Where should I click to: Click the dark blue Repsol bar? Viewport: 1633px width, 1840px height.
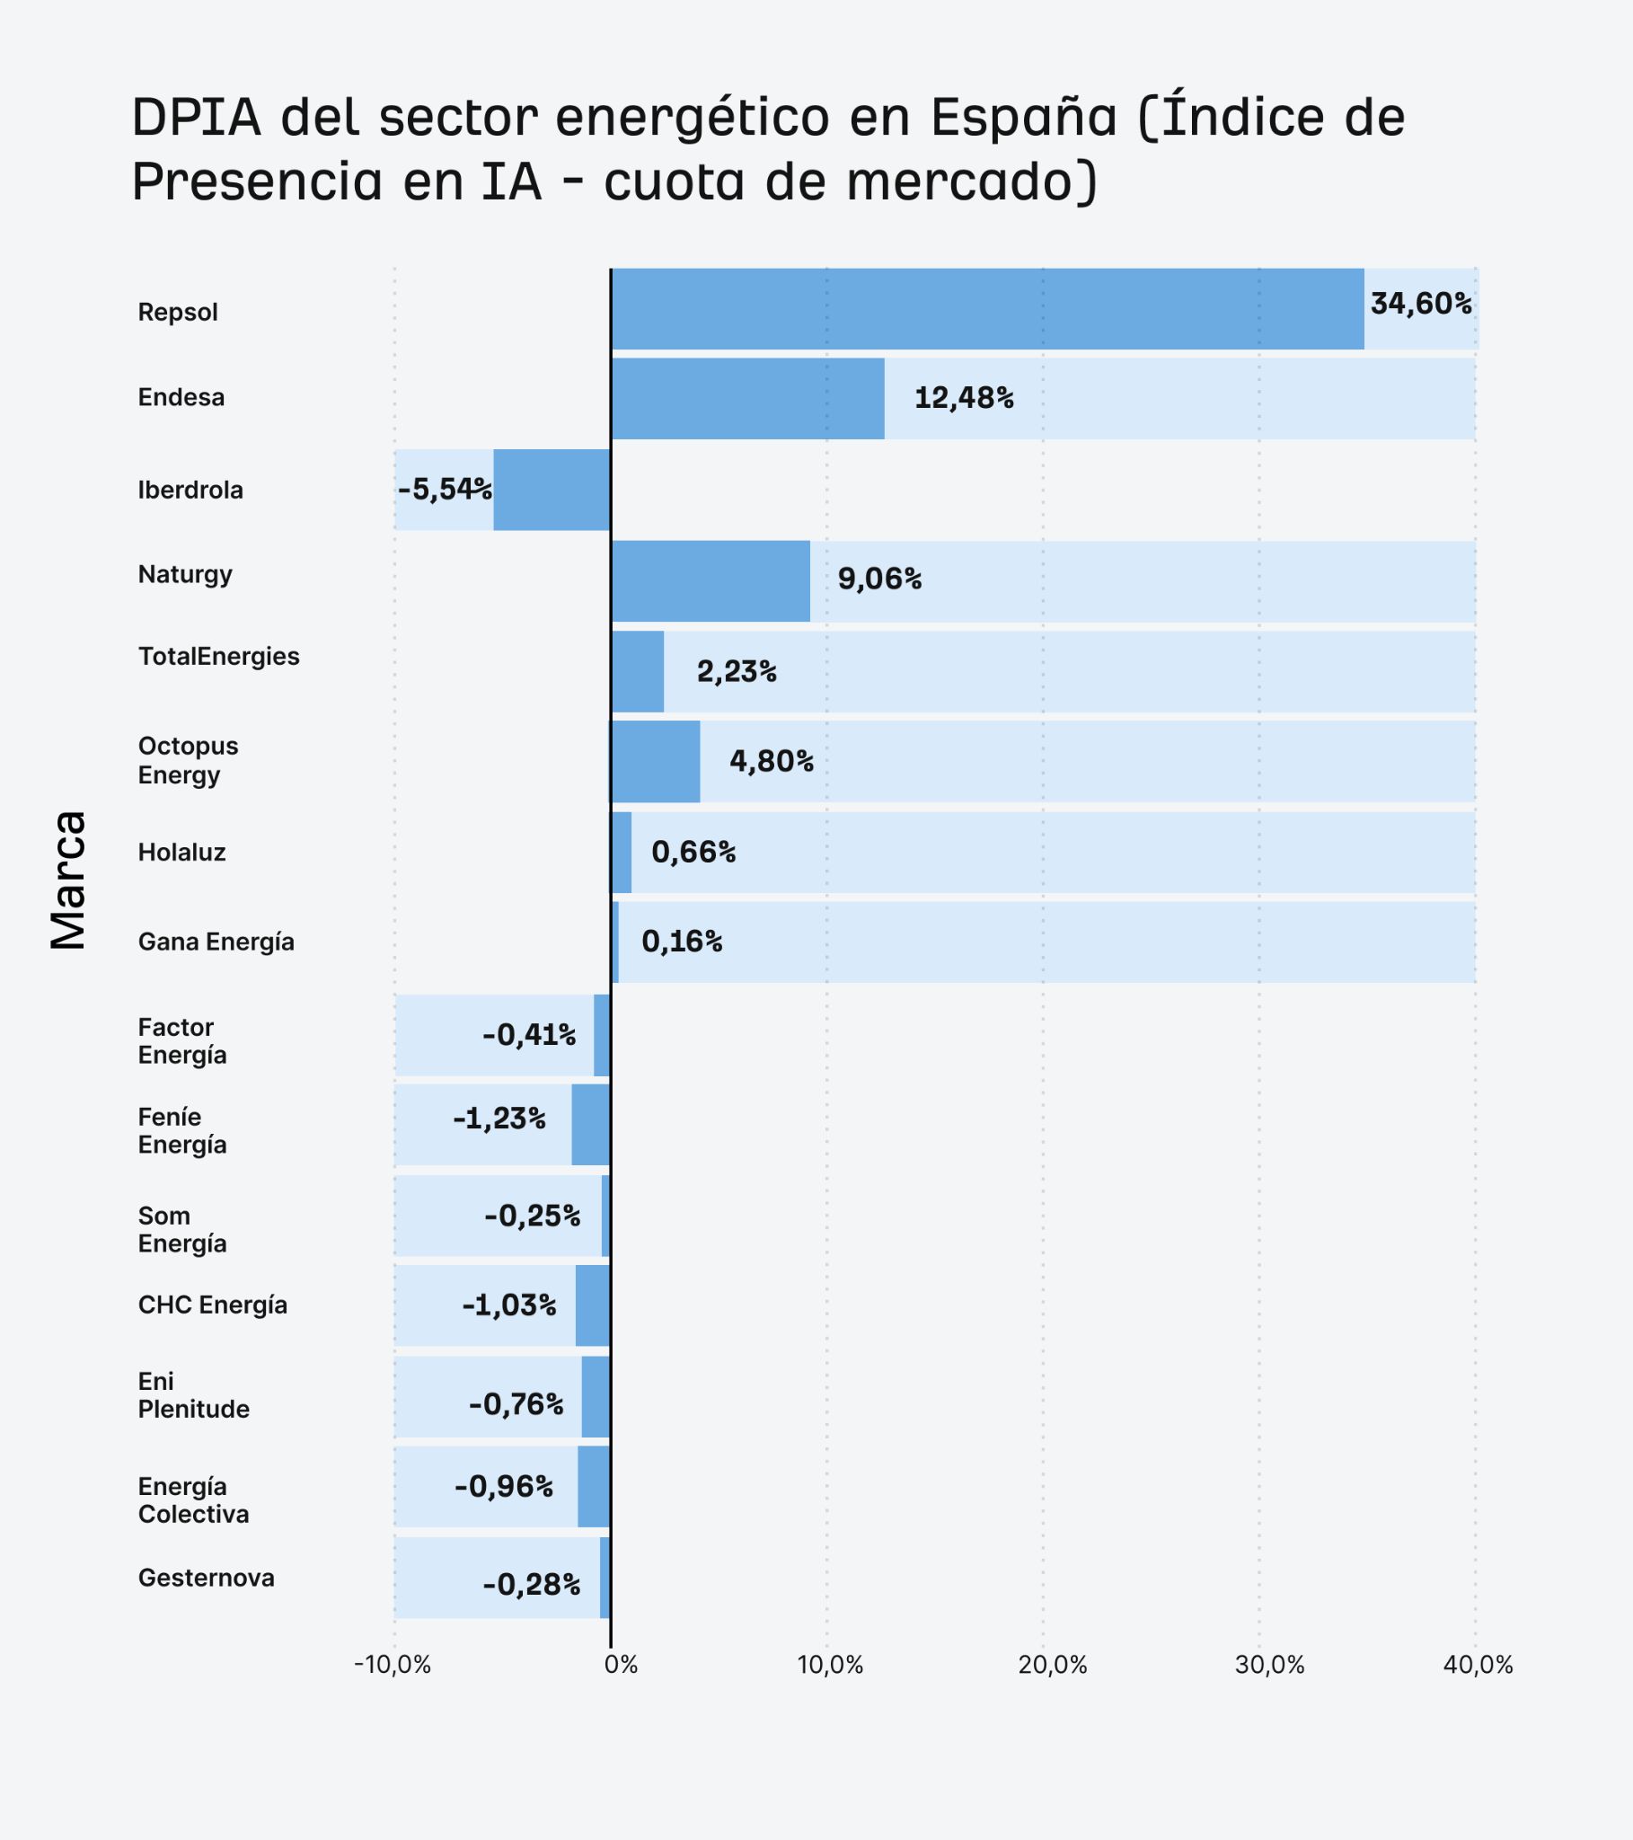(x=986, y=309)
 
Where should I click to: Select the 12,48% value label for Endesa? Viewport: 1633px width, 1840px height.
(x=963, y=398)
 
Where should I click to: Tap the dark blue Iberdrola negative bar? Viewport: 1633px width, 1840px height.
(x=551, y=490)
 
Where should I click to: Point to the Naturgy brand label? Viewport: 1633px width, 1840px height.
(x=184, y=574)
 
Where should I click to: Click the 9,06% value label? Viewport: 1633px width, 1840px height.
(x=878, y=579)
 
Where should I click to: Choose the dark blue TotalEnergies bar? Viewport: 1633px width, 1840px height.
(x=638, y=671)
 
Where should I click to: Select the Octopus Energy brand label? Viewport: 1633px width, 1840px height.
(x=187, y=761)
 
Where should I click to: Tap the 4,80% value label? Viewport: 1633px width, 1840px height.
(x=771, y=762)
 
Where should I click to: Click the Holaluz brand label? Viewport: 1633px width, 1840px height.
(x=181, y=853)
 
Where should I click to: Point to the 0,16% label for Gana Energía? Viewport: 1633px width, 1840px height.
(x=682, y=942)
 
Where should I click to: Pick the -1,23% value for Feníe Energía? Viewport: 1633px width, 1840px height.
(x=499, y=1119)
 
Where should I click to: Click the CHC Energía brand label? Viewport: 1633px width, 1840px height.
(x=213, y=1305)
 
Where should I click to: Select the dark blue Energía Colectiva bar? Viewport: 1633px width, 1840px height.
(x=593, y=1487)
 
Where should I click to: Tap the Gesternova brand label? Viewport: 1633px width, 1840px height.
(x=207, y=1578)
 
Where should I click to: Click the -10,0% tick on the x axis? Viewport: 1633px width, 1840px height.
(x=393, y=1666)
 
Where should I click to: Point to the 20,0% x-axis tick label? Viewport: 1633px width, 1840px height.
(x=1053, y=1666)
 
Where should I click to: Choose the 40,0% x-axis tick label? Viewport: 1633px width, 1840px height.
(x=1478, y=1666)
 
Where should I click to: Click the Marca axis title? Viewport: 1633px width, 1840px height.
(x=68, y=880)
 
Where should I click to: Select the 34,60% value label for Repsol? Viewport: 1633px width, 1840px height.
(x=1420, y=305)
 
